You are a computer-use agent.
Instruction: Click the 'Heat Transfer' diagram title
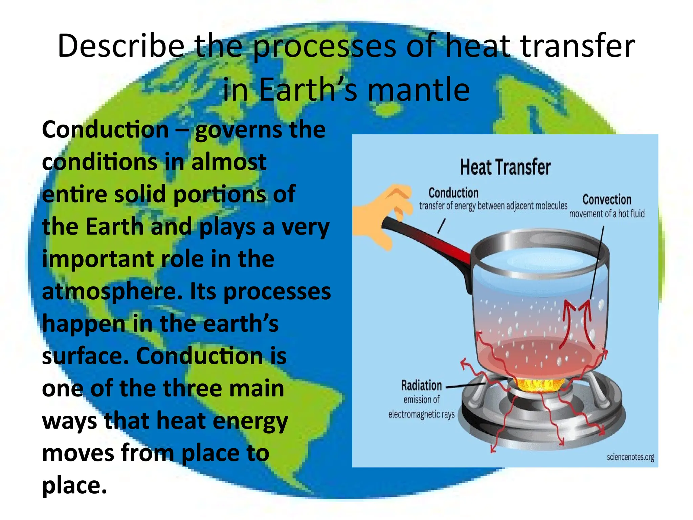click(x=505, y=167)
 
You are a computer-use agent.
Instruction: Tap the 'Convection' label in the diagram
click(x=607, y=200)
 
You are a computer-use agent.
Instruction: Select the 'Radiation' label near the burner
click(x=421, y=386)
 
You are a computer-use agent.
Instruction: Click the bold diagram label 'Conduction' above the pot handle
click(x=453, y=193)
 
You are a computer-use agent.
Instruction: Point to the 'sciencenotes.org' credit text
click(x=630, y=457)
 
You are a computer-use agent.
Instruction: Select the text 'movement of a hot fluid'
click(x=607, y=214)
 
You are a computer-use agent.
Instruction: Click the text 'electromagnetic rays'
click(x=421, y=414)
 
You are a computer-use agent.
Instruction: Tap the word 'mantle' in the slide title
click(x=419, y=89)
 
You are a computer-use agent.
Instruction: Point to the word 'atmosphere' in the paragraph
click(x=112, y=292)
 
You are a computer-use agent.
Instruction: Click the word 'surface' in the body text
click(x=85, y=356)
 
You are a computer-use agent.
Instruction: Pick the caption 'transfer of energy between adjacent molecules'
click(x=493, y=206)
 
